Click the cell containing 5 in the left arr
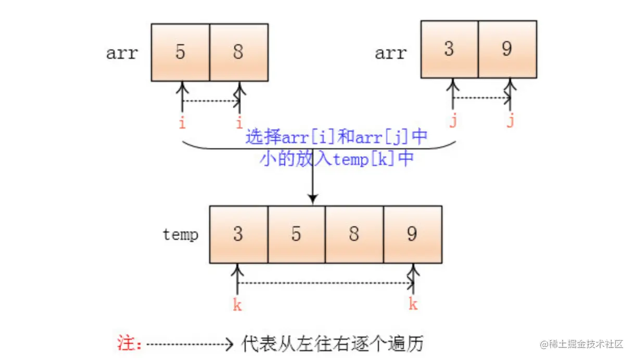[x=181, y=52]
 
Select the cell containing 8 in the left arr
[x=239, y=52]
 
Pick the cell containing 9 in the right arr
[x=508, y=49]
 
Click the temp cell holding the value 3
[x=238, y=234]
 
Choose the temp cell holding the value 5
[x=297, y=234]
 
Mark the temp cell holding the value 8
[x=354, y=234]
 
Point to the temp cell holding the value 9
[x=413, y=234]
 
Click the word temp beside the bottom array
[x=180, y=235]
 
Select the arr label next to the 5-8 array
[x=122, y=53]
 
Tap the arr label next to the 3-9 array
[x=390, y=53]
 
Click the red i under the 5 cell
[x=182, y=123]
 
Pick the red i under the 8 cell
[x=239, y=123]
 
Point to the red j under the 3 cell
[x=452, y=122]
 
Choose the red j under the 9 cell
[x=510, y=122]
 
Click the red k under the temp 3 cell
[x=237, y=304]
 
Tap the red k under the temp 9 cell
[x=413, y=304]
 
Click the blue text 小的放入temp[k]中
[x=336, y=158]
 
